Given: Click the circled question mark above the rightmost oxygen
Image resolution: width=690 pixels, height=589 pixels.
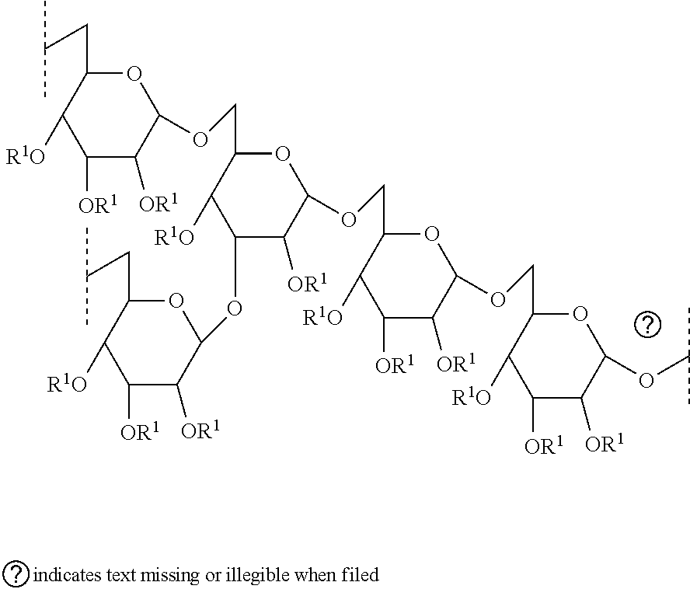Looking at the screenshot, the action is click(647, 325).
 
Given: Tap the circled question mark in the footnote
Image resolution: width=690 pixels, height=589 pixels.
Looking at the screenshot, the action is click(17, 574).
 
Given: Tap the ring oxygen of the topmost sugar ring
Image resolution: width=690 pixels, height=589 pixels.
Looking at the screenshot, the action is click(134, 74).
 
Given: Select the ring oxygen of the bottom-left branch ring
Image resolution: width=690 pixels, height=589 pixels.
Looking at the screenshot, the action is click(176, 301).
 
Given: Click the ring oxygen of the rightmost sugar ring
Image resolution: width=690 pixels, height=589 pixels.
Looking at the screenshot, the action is click(580, 314).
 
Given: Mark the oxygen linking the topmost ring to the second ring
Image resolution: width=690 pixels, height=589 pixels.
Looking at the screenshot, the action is click(200, 140).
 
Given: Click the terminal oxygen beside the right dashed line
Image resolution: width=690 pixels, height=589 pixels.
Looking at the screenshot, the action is click(646, 380).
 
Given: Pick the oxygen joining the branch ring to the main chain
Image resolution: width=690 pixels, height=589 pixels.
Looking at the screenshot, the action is click(234, 308).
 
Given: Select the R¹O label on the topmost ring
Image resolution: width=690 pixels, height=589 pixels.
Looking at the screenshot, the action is click(26, 156).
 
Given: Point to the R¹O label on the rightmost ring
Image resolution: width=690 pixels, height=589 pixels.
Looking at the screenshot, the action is click(472, 396).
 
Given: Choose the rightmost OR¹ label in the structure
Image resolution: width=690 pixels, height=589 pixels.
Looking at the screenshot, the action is click(605, 443).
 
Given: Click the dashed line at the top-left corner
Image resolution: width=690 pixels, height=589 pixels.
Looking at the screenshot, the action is click(45, 48).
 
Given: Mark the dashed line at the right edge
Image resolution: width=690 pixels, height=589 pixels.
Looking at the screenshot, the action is click(688, 356).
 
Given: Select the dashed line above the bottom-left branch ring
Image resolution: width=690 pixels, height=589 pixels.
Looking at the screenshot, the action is click(87, 276).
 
